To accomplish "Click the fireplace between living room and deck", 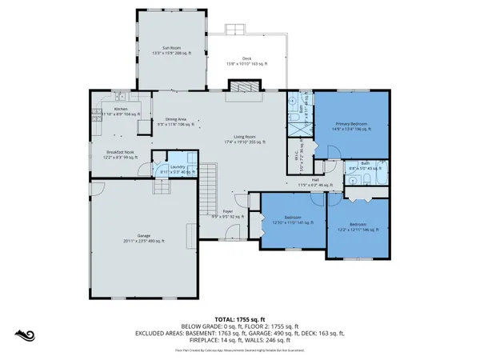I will (x=239, y=88).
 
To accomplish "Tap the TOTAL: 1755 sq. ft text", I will (x=240, y=318).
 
